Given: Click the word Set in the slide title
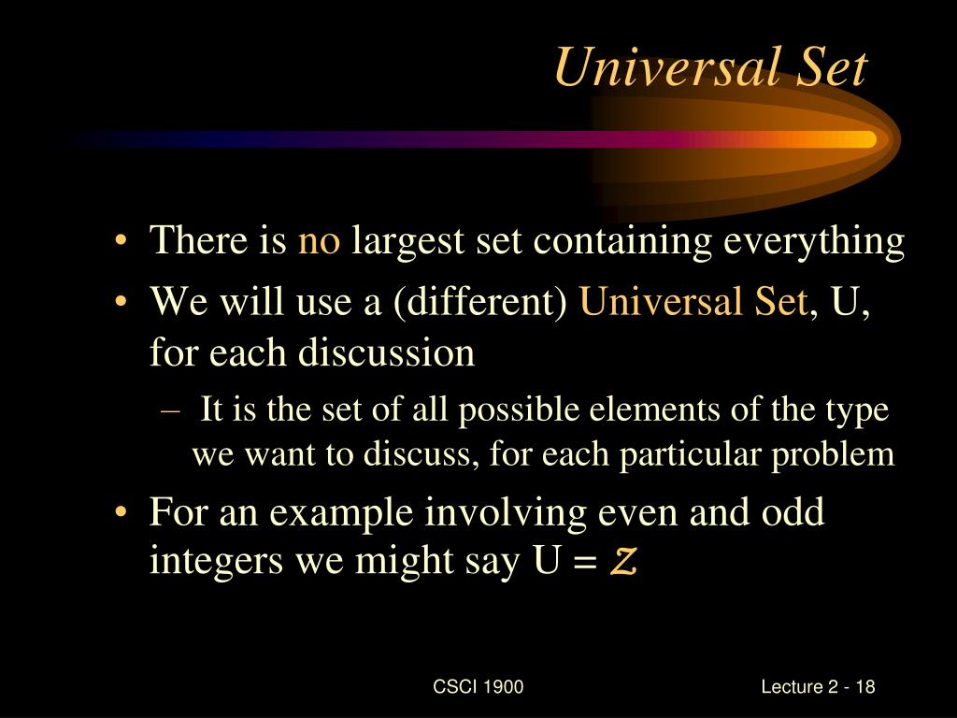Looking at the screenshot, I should tap(826, 68).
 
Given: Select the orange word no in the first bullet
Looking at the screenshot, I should tap(320, 241).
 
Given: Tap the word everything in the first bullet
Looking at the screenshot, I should tap(814, 241).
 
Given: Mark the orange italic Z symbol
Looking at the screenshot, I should tap(624, 563).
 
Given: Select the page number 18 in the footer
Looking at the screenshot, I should tap(864, 687).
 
